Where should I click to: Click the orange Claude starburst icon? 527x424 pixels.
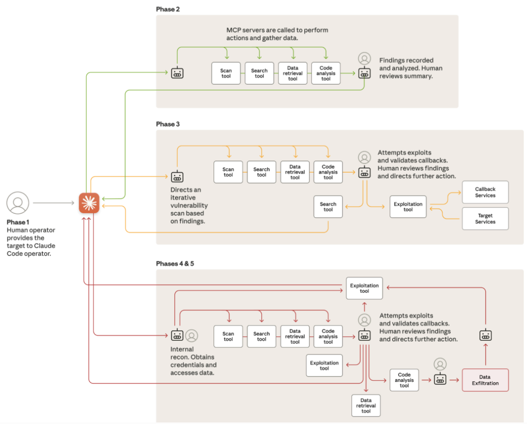tap(89, 203)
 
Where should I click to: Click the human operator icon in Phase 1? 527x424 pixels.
tap(18, 202)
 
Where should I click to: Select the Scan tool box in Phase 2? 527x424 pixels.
tap(226, 73)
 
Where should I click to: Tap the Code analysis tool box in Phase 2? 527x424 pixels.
tap(326, 73)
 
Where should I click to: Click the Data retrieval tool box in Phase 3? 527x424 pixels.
tap(295, 172)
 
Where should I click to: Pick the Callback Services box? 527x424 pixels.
tap(485, 192)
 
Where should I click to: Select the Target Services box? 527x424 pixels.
tap(485, 218)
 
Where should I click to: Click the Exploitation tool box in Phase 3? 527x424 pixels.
tap(408, 207)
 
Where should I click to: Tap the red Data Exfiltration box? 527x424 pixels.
tap(485, 380)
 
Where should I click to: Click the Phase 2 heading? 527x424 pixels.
tap(168, 9)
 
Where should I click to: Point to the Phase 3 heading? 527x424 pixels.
tap(168, 124)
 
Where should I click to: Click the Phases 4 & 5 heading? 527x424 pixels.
tap(175, 263)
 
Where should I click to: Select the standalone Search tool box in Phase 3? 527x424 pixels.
tap(328, 207)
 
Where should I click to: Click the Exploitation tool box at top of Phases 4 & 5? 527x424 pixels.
tap(364, 288)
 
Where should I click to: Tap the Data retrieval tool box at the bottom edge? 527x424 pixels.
tap(366, 405)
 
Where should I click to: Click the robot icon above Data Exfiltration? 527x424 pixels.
tap(485, 335)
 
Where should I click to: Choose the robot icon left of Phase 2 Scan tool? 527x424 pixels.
tap(177, 73)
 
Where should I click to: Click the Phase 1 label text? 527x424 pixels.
tap(18, 222)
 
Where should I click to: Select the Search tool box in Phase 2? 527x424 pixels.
tap(259, 73)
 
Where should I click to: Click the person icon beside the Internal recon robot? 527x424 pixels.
tap(192, 335)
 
